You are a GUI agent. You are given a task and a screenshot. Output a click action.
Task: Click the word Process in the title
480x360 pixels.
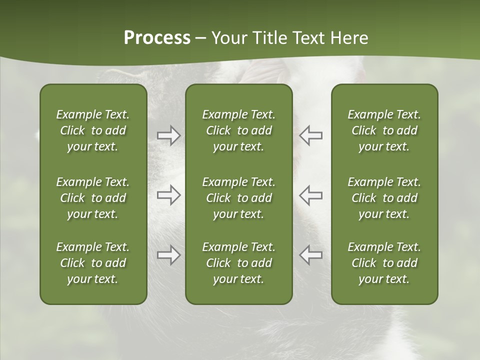point(157,38)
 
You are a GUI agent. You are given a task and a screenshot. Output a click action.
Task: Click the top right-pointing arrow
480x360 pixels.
point(168,135)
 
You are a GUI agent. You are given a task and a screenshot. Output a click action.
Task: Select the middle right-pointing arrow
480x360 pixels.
point(168,195)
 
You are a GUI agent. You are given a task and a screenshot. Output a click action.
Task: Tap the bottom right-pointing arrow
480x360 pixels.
point(168,255)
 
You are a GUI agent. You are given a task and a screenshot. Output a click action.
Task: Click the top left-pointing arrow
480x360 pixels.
point(311,135)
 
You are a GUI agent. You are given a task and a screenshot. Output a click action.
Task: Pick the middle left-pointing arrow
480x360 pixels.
point(311,195)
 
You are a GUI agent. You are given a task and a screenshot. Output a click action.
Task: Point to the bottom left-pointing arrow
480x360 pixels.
point(311,255)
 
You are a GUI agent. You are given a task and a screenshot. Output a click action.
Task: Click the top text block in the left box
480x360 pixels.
point(93,130)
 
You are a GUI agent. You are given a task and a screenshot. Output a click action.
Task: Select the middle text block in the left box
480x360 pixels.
point(93,198)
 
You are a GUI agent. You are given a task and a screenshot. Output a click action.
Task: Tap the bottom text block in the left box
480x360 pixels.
point(93,263)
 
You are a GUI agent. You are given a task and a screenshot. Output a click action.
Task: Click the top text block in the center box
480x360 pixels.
point(238,130)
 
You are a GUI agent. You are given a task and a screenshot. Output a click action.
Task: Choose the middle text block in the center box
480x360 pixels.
point(238,198)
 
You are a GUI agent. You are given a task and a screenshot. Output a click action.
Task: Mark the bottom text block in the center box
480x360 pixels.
point(238,263)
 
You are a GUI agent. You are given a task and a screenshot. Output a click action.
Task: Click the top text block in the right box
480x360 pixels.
point(384,130)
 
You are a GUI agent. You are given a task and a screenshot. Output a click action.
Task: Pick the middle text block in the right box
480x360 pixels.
point(384,198)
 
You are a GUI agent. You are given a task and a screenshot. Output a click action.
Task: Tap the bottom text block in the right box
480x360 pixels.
point(384,263)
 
